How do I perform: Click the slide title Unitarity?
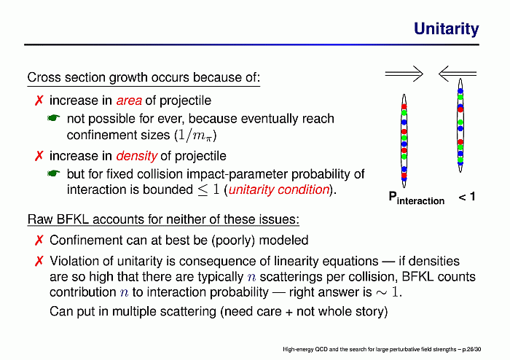pos(446,29)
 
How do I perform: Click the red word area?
pos(129,101)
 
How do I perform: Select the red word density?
pos(137,156)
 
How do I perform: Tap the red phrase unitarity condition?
pos(279,189)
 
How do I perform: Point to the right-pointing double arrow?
pos(404,74)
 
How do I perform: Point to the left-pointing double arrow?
pos(458,74)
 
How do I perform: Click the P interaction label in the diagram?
pos(416,198)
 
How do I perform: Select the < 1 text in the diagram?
pos(467,197)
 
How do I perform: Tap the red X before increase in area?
pos(39,101)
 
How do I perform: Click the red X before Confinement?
pos(39,240)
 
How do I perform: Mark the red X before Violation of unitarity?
pos(39,261)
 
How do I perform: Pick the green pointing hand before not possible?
pos(54,118)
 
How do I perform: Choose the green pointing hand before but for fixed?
pos(54,173)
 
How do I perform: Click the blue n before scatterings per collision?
pos(251,278)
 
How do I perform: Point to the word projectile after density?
pos(200,157)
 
